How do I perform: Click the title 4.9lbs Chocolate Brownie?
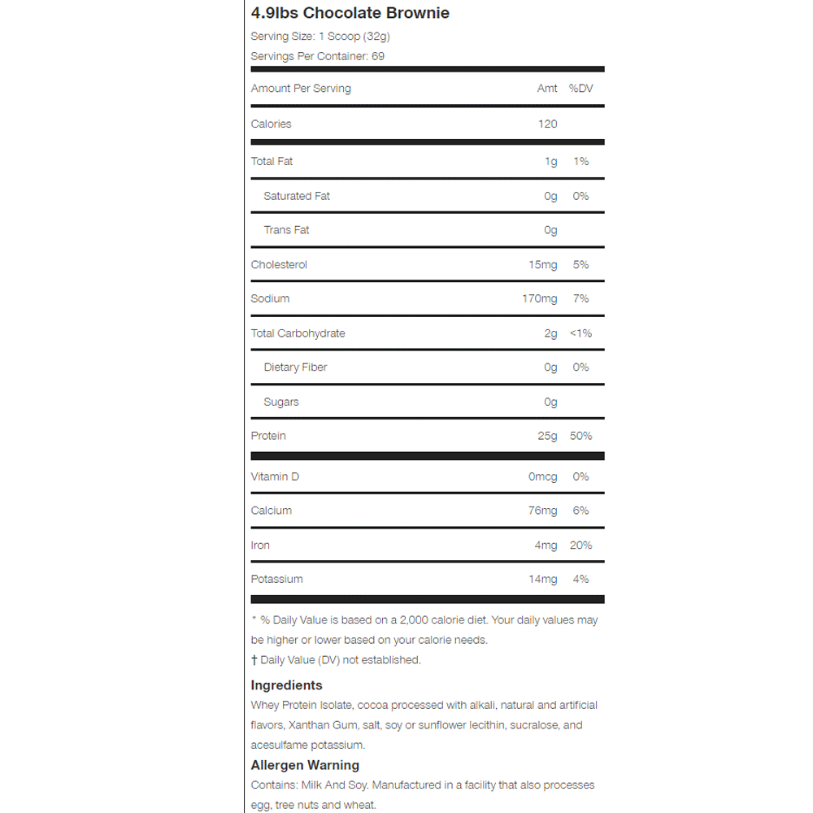click(x=350, y=13)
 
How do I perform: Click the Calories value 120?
click(x=547, y=124)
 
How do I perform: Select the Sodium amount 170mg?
click(x=539, y=299)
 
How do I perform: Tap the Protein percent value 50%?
click(x=580, y=437)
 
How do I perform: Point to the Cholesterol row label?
click(x=279, y=265)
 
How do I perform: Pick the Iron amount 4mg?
click(x=546, y=546)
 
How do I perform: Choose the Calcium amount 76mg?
click(x=542, y=511)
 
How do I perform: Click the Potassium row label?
click(x=276, y=580)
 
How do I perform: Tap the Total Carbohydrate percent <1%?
click(x=580, y=333)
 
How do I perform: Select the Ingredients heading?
click(x=286, y=685)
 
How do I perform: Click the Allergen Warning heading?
click(x=305, y=765)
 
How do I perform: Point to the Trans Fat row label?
click(x=286, y=230)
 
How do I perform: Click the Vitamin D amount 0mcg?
click(x=542, y=476)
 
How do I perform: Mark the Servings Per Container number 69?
click(x=378, y=56)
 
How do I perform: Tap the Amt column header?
click(x=547, y=89)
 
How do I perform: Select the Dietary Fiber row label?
click(x=295, y=367)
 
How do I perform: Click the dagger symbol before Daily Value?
click(x=254, y=660)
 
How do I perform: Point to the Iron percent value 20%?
click(x=580, y=546)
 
